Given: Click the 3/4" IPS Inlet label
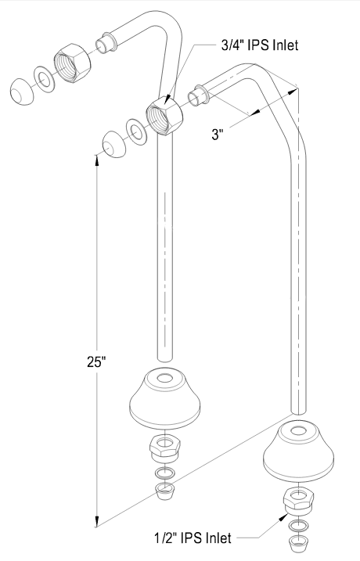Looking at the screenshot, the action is pos(260,45).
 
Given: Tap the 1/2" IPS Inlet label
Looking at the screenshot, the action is pos(193,538).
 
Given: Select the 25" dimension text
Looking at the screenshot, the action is pos(96,361).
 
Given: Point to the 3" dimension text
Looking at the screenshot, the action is pos(218,135).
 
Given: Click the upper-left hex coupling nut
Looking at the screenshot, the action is pos(72,63).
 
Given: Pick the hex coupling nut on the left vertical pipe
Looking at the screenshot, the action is pos(164,116).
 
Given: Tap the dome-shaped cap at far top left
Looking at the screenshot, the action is pos(22,92).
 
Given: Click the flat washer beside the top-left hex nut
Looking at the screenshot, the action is pos(45,79).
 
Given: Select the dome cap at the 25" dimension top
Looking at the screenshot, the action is pos(113,144).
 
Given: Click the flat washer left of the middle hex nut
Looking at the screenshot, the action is pos(136,131).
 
